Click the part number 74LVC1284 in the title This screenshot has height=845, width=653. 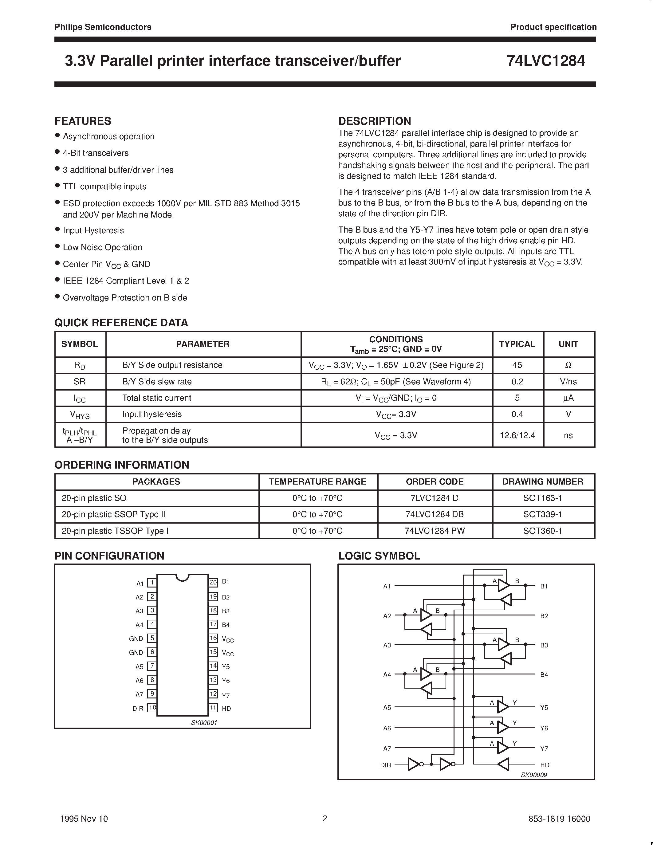pyautogui.click(x=545, y=61)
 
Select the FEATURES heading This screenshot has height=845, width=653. pyautogui.click(x=83, y=121)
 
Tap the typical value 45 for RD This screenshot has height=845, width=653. pyautogui.click(x=517, y=365)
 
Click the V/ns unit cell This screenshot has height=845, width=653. pyautogui.click(x=568, y=382)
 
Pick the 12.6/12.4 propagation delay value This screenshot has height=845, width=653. pyautogui.click(x=517, y=435)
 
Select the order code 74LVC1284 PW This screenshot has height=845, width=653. pyautogui.click(x=435, y=531)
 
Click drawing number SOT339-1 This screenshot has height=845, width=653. pyautogui.click(x=542, y=514)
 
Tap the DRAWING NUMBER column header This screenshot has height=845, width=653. pyautogui.click(x=542, y=482)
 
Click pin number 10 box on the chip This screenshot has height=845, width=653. pyautogui.click(x=152, y=708)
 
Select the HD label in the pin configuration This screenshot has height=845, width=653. pyautogui.click(x=226, y=709)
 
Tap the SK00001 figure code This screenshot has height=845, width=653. pyautogui.click(x=204, y=723)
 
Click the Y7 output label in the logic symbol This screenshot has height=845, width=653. pyautogui.click(x=544, y=749)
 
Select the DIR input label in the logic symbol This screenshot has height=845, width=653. pyautogui.click(x=386, y=765)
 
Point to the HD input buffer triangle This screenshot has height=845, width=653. pyautogui.click(x=503, y=764)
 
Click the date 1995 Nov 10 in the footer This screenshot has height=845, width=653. pyautogui.click(x=84, y=819)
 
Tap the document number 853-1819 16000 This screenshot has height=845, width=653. pyautogui.click(x=559, y=819)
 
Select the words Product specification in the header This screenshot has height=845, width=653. pyautogui.click(x=553, y=27)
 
